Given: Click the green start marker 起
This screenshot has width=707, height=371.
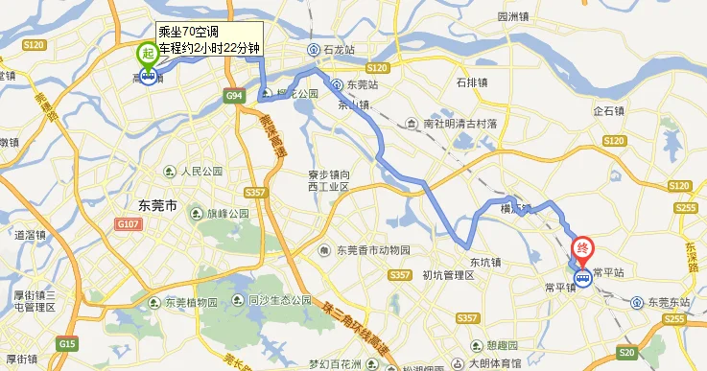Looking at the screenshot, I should tap(148, 54).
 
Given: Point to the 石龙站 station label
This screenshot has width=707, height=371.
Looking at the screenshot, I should tap(337, 50).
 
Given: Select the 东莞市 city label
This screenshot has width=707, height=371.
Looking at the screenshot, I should tap(152, 206).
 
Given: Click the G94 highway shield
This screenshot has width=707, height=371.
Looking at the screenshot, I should tap(234, 97).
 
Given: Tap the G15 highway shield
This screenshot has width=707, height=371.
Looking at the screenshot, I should tap(67, 343).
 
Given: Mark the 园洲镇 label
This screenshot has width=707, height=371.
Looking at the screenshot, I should tap(514, 16).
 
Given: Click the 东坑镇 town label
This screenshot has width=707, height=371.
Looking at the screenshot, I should tap(486, 261).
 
